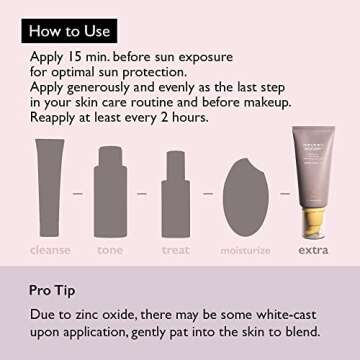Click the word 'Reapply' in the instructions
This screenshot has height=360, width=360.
point(60,116)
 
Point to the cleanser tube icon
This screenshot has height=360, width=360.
point(51,185)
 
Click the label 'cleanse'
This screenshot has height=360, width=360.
point(51,250)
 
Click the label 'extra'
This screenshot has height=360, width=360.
point(312,250)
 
